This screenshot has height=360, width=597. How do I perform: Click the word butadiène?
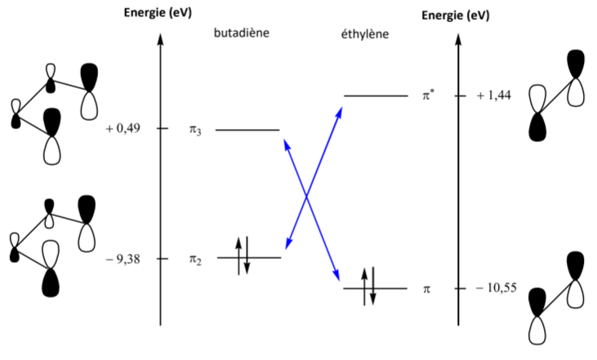point(242,33)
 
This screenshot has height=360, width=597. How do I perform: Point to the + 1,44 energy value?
point(494,96)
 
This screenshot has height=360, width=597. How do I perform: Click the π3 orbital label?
point(194,130)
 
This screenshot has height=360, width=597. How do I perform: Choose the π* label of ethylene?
point(428,96)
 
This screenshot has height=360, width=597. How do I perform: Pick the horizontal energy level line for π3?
point(247,129)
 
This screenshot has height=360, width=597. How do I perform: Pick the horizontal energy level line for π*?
point(375,96)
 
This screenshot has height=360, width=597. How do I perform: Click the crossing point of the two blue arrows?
point(306,197)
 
